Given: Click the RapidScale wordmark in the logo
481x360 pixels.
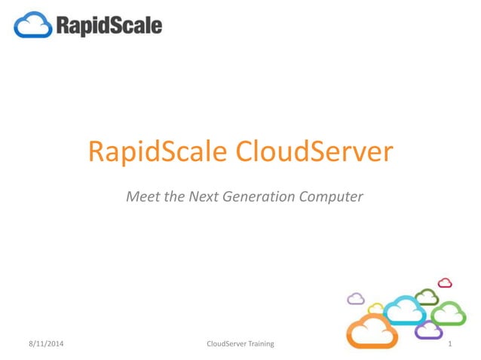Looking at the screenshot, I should [107, 26].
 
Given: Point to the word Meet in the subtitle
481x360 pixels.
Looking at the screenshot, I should [143, 197].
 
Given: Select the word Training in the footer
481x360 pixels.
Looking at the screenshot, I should [260, 344].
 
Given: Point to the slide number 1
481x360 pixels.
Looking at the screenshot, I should [449, 344].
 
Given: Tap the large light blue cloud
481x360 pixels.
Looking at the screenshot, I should [404, 309].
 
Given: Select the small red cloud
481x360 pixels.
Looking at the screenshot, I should [445, 283].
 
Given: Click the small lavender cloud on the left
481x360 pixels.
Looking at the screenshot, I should [355, 299].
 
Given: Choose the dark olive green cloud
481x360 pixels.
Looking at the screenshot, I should [427, 296].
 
